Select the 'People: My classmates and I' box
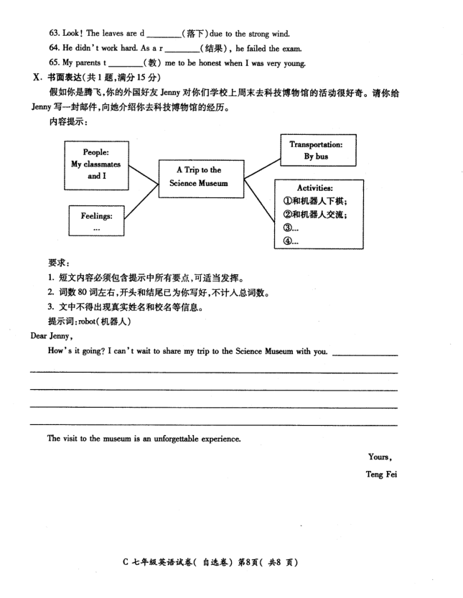(96, 164)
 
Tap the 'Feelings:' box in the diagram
(95, 220)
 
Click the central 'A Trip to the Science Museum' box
(198, 177)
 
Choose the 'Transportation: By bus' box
(316, 150)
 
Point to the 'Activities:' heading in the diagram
(315, 188)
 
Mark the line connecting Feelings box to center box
(141, 200)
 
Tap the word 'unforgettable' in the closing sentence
(179, 439)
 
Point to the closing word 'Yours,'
(380, 457)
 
